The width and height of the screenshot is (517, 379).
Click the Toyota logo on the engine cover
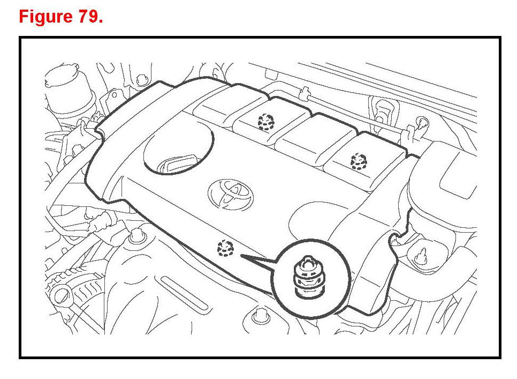[231, 195]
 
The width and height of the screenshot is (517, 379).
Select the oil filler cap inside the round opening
[179, 164]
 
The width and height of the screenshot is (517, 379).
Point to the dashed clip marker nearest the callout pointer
[225, 248]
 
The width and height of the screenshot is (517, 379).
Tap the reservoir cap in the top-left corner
[63, 76]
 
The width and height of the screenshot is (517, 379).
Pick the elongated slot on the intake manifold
[185, 293]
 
